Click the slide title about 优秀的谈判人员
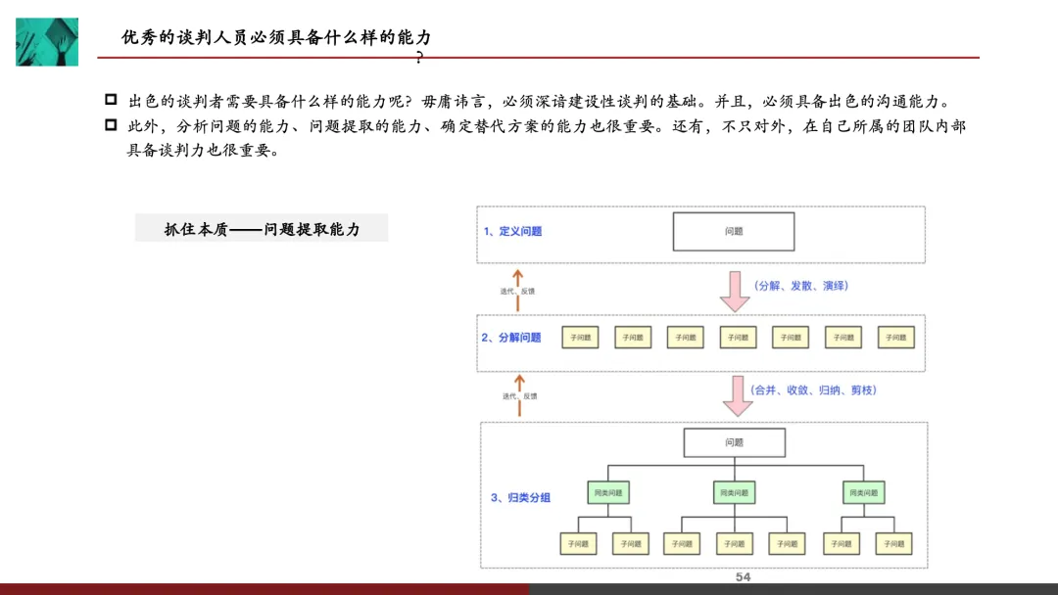point(276,37)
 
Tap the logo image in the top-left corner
point(46,41)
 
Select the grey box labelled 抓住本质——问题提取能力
point(262,229)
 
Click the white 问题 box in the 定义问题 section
point(734,232)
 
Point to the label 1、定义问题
point(512,232)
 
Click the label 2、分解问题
point(511,338)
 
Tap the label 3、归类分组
point(520,497)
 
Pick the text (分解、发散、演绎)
point(800,286)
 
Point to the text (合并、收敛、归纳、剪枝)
point(814,389)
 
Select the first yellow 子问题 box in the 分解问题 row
point(580,338)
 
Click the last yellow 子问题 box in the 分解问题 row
point(895,338)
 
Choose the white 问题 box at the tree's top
point(734,443)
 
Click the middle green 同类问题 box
point(734,491)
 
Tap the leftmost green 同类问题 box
point(607,491)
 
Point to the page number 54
point(743,577)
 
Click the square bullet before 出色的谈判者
point(111,100)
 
